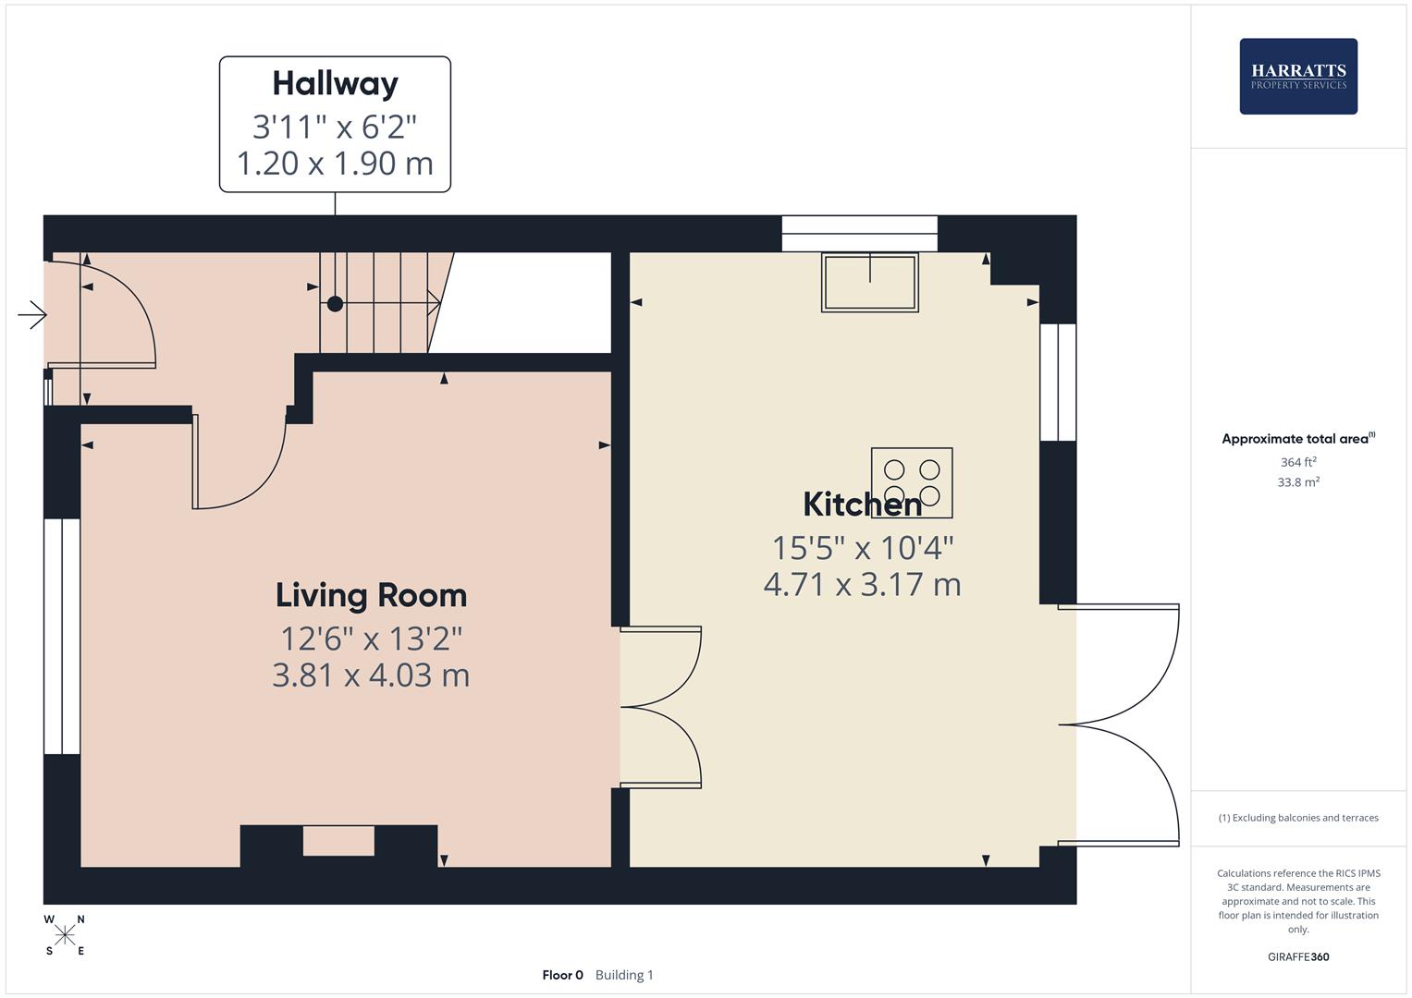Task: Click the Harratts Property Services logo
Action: [1297, 76]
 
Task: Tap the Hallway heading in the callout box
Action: [335, 83]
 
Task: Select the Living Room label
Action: [371, 595]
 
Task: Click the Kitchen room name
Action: [862, 505]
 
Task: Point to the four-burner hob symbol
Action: [912, 483]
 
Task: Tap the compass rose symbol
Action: [65, 935]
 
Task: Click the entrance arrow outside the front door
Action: [32, 315]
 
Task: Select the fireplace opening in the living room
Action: [338, 841]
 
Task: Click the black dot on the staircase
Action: [335, 303]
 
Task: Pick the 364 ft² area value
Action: [1298, 462]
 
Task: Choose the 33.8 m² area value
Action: [1298, 482]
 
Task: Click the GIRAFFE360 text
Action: [1298, 957]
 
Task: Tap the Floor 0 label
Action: [562, 975]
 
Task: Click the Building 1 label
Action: [624, 975]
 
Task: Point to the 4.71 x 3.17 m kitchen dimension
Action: [862, 585]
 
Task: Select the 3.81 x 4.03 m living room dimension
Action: [371, 675]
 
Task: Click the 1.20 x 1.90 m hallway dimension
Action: [335, 164]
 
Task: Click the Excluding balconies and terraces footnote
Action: [1298, 818]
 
